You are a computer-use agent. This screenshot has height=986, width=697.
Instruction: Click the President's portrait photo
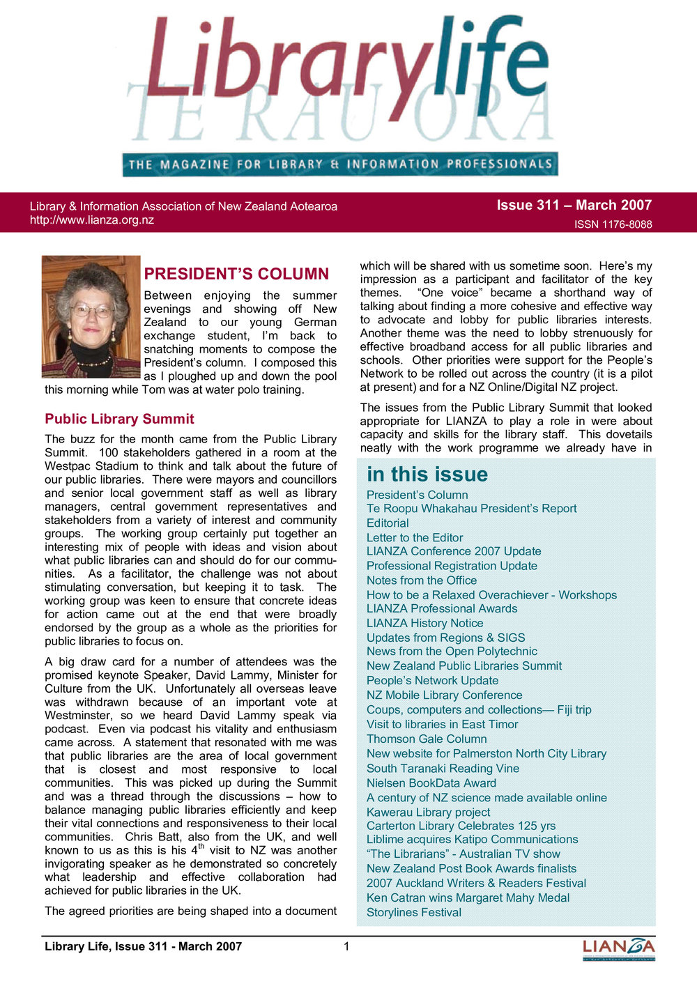click(x=91, y=316)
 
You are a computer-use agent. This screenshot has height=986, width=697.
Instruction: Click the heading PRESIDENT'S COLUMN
click(x=236, y=274)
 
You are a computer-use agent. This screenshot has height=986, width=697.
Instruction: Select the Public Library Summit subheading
click(x=119, y=419)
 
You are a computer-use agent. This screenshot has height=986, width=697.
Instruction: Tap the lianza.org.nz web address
click(x=91, y=220)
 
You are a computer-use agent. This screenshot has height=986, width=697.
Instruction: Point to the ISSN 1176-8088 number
click(x=613, y=224)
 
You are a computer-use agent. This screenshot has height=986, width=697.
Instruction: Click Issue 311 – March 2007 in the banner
click(x=574, y=205)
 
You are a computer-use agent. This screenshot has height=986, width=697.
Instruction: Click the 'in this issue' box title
click(x=427, y=475)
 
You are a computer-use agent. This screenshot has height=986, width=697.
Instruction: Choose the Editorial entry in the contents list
click(x=388, y=523)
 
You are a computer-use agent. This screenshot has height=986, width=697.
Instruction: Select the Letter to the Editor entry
click(x=415, y=537)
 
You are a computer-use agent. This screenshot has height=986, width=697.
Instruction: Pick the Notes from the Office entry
click(x=422, y=580)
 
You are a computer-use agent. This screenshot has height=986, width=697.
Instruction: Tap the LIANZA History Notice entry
click(x=424, y=623)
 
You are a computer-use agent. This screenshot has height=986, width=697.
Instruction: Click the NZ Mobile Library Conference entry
click(x=444, y=695)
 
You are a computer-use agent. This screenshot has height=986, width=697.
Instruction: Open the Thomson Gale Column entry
click(x=427, y=739)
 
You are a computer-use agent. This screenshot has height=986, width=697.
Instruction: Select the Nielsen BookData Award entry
click(x=431, y=783)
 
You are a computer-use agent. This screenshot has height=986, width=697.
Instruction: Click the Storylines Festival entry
click(x=414, y=912)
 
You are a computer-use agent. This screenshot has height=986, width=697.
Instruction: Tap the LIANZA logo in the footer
click(x=618, y=948)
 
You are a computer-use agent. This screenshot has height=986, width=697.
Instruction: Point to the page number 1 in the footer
click(x=346, y=946)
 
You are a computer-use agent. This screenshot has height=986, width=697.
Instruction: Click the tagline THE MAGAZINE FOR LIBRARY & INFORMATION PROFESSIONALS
click(x=340, y=164)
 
